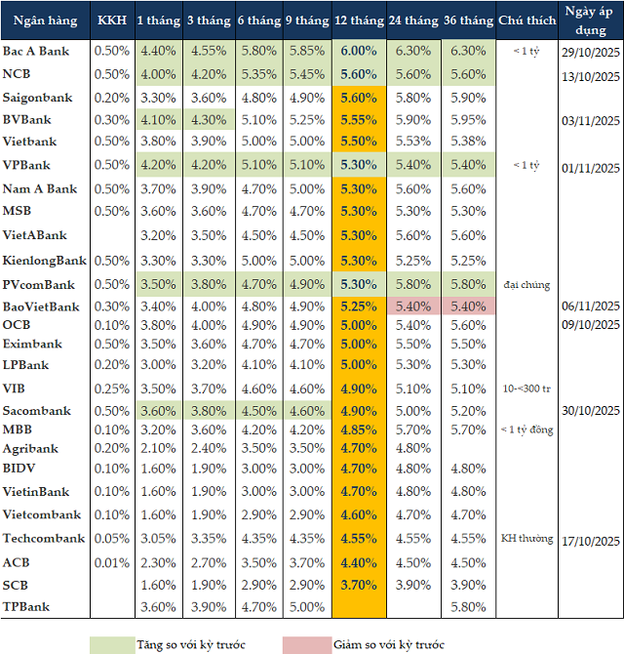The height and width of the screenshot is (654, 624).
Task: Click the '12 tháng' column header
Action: pyautogui.click(x=359, y=20)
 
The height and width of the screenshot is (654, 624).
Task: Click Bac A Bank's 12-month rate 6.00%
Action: pyautogui.click(x=359, y=51)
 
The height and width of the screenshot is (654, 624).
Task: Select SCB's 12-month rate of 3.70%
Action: pyautogui.click(x=359, y=585)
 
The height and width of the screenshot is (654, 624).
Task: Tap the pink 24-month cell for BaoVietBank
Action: pyautogui.click(x=413, y=307)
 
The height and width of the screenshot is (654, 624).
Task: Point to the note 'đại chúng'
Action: pyautogui.click(x=526, y=285)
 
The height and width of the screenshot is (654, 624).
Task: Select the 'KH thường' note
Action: pyautogui.click(x=526, y=539)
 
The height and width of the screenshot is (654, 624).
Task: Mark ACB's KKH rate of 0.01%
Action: pyautogui.click(x=111, y=562)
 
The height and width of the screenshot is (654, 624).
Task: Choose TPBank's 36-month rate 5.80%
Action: pyautogui.click(x=468, y=607)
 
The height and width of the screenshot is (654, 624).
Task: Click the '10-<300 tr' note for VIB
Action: pyautogui.click(x=526, y=388)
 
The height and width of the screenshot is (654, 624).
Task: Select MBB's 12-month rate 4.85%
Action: pyautogui.click(x=359, y=429)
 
